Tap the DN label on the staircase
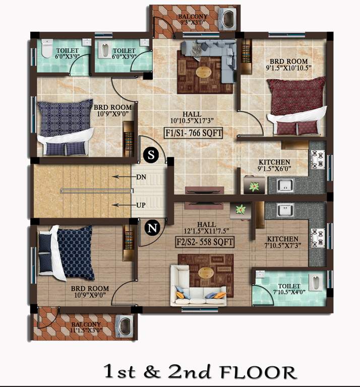[x=141, y=177]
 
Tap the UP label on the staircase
[x=141, y=205]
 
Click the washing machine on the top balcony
[x=229, y=21]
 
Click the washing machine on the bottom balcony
[x=124, y=326]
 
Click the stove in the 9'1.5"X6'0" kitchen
[x=318, y=158]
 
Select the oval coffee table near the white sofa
[x=206, y=273]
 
